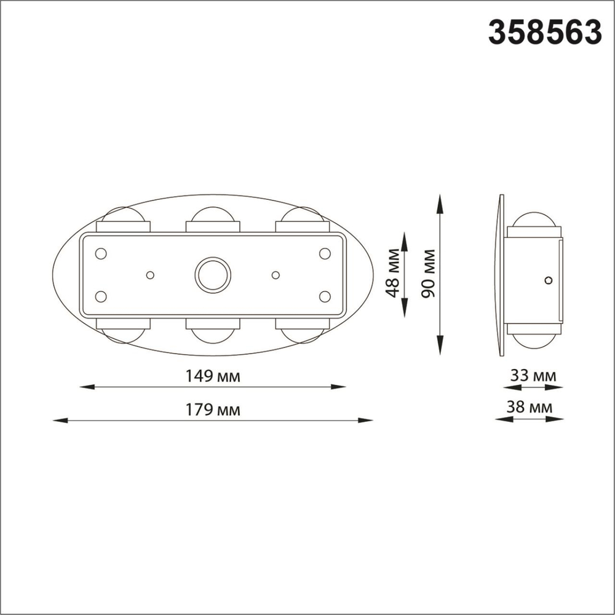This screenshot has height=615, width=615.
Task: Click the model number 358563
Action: [x=544, y=33]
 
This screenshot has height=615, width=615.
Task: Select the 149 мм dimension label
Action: [x=213, y=376]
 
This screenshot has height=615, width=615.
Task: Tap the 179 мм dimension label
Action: [x=213, y=410]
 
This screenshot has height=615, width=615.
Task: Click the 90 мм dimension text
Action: [x=429, y=274]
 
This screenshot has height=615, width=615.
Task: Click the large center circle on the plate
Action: [x=213, y=274]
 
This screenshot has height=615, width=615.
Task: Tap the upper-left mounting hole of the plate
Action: [x=101, y=253]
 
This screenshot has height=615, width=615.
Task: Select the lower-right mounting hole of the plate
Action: [x=325, y=296]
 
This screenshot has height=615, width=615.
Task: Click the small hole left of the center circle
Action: [x=150, y=275]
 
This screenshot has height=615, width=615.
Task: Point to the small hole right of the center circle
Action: [x=276, y=274]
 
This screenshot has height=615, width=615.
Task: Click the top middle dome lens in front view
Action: [x=213, y=215]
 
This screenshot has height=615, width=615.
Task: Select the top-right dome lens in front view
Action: [x=301, y=215]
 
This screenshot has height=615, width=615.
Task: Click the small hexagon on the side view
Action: [x=549, y=280]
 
